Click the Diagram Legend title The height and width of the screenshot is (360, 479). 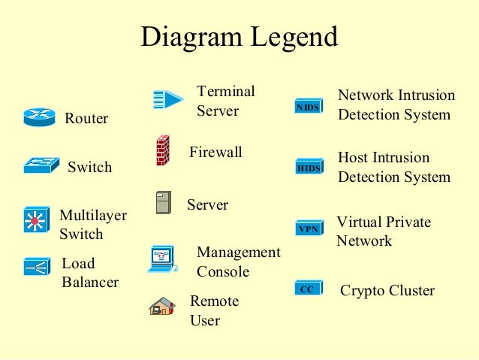[x=239, y=37]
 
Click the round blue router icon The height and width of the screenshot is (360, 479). [x=39, y=117]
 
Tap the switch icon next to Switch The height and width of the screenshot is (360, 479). [x=40, y=165]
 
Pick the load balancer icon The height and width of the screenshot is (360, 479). [x=36, y=267]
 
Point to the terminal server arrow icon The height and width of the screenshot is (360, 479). [x=167, y=98]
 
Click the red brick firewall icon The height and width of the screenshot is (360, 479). [x=162, y=150]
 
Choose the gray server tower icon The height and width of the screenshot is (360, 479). [x=163, y=202]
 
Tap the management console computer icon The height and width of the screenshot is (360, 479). [x=161, y=259]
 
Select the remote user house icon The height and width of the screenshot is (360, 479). [x=161, y=306]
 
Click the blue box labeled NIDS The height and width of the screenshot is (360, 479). [x=308, y=107]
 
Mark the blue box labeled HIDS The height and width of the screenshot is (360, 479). [x=309, y=168]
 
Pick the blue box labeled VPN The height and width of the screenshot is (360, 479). [x=309, y=228]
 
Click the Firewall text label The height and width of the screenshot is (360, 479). [x=215, y=153]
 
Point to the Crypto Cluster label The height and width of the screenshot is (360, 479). [x=387, y=291]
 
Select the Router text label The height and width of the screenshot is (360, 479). [x=86, y=119]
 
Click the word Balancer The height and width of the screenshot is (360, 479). [x=90, y=283]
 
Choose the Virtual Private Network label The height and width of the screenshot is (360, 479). [x=383, y=231]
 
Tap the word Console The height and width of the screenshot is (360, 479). [x=223, y=272]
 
